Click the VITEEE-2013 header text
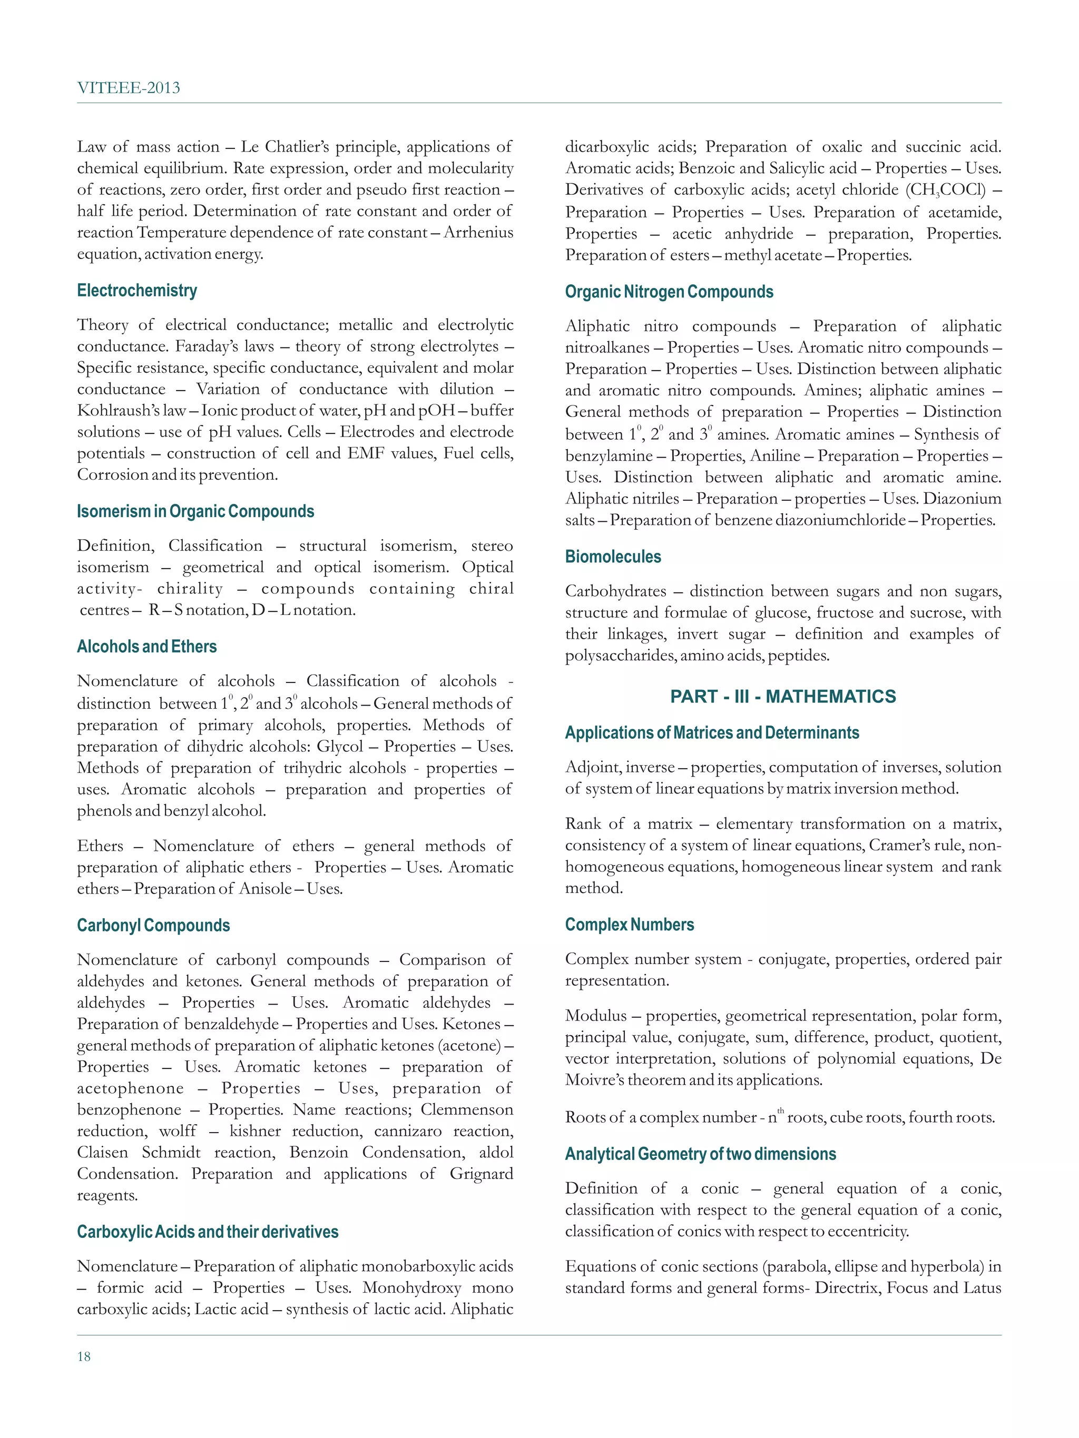point(128,88)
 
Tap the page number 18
point(84,1356)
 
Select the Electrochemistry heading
point(136,291)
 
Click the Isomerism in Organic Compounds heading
point(195,512)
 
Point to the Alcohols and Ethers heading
point(146,647)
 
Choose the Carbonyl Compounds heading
point(153,926)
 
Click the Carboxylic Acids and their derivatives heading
point(208,1232)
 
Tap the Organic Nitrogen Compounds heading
point(669,292)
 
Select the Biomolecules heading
point(613,557)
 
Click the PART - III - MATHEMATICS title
point(782,697)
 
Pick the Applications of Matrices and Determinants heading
point(712,733)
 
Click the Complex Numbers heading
point(629,925)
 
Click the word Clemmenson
point(466,1110)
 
